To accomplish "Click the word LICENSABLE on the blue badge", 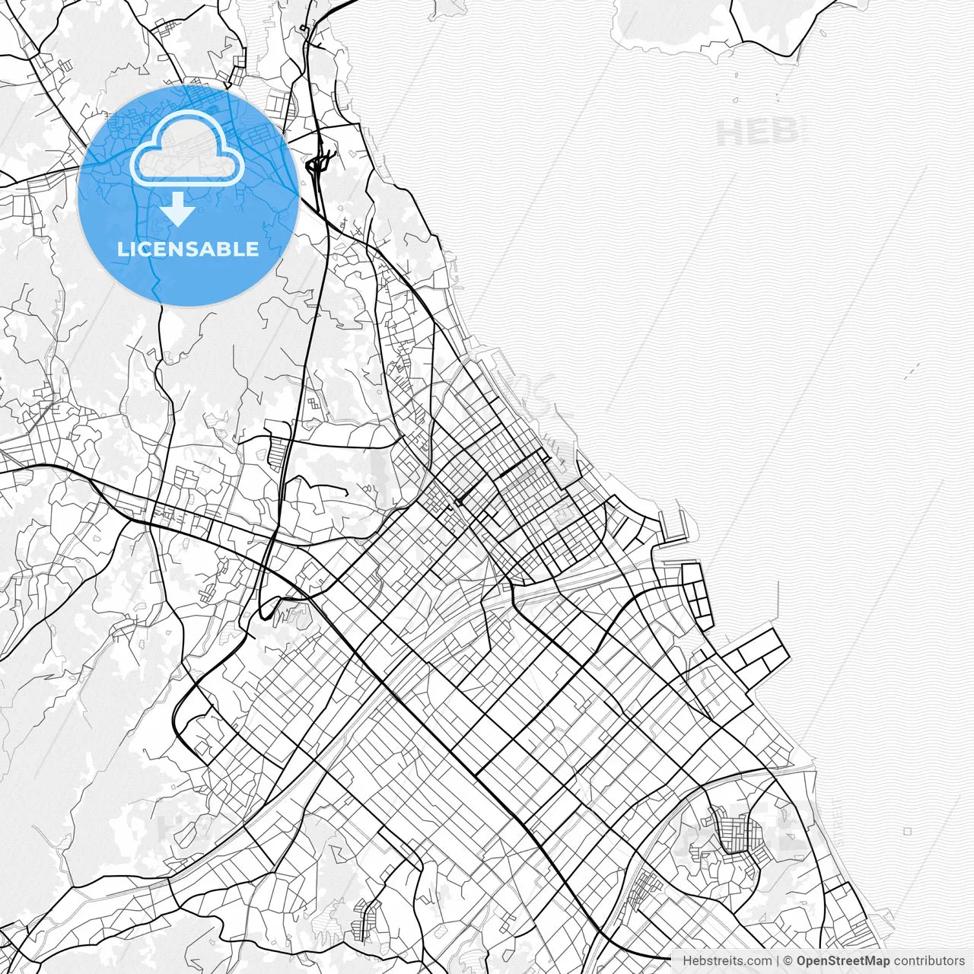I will click(x=188, y=250).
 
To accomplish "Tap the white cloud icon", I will click(x=187, y=148).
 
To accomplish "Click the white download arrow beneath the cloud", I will click(x=178, y=208).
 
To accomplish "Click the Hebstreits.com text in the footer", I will click(x=726, y=961).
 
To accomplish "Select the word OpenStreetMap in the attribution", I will click(x=843, y=961).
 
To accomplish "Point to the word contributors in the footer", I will click(x=929, y=961).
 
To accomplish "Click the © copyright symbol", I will click(x=788, y=961).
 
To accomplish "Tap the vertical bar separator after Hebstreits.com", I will click(x=777, y=961).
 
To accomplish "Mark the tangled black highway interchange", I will click(x=319, y=164).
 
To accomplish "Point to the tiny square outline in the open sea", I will click(x=908, y=832).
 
